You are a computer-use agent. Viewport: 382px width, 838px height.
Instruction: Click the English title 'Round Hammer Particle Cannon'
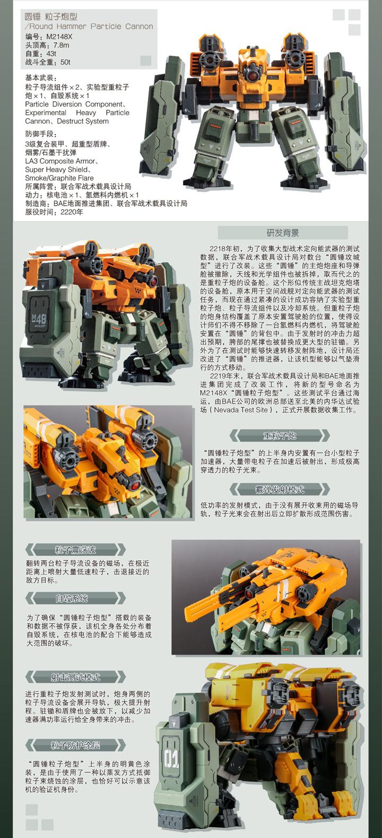(x=91, y=27)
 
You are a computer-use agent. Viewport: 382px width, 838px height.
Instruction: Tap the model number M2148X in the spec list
(x=59, y=37)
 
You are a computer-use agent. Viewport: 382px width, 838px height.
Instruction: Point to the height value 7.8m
(x=62, y=45)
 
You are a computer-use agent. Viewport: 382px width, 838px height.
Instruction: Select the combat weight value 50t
(x=65, y=62)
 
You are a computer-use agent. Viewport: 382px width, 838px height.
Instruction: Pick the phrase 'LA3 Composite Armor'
(x=60, y=161)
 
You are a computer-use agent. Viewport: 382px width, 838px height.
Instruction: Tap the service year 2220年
(x=72, y=212)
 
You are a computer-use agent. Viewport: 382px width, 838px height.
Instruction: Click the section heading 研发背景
(x=283, y=233)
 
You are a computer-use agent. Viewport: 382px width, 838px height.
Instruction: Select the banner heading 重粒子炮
(x=280, y=436)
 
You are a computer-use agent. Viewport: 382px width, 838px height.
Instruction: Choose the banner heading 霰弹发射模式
(x=280, y=489)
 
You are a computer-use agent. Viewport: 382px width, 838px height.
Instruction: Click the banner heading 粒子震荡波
(x=75, y=550)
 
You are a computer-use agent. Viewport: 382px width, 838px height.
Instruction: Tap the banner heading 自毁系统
(x=72, y=598)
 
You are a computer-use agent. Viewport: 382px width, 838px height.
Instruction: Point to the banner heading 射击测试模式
(x=75, y=677)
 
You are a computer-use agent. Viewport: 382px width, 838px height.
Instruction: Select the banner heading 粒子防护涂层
(x=75, y=745)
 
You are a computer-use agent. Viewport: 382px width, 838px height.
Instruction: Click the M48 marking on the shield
(x=39, y=319)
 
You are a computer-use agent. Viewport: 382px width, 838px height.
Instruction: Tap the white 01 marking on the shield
(x=171, y=756)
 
